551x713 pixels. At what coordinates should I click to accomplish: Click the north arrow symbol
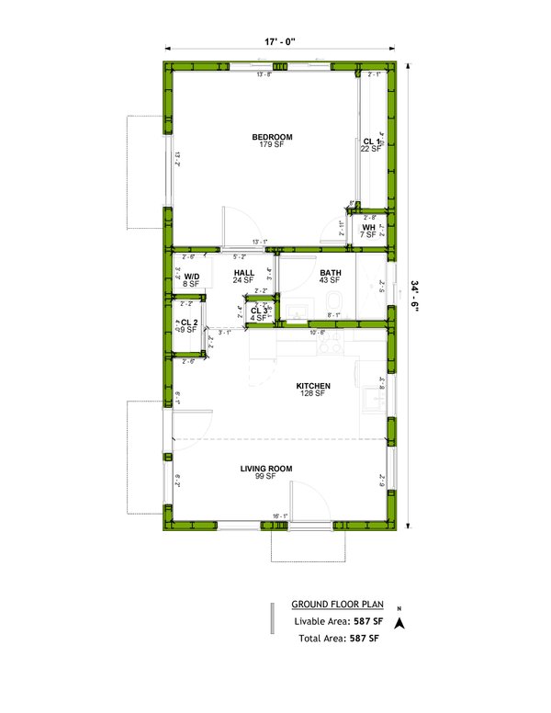point(399,622)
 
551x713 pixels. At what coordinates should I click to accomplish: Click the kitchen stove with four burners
point(328,346)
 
